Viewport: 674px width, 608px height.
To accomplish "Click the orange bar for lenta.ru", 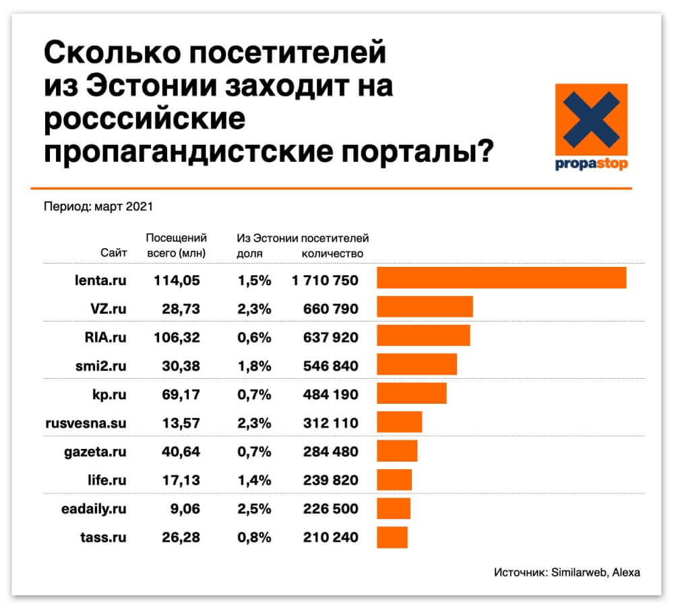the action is pyautogui.click(x=501, y=278).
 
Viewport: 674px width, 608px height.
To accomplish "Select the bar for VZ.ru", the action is pyautogui.click(x=425, y=307).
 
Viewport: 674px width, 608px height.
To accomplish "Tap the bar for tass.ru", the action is pyautogui.click(x=392, y=537).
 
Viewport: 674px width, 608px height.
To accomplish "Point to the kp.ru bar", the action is pyautogui.click(x=412, y=393).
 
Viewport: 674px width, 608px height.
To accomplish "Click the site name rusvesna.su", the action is pyautogui.click(x=86, y=423).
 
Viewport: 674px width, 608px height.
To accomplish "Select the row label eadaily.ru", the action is pyautogui.click(x=94, y=509).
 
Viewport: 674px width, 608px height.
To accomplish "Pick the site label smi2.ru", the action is pyautogui.click(x=100, y=366).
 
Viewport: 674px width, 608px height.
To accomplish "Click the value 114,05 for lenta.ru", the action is pyautogui.click(x=177, y=281).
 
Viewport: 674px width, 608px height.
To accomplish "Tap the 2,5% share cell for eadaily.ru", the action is pyautogui.click(x=254, y=509).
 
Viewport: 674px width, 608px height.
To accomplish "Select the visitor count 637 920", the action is pyautogui.click(x=330, y=338).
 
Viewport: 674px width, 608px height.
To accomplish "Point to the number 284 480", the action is pyautogui.click(x=330, y=452).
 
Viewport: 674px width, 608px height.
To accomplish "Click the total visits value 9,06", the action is pyautogui.click(x=185, y=509).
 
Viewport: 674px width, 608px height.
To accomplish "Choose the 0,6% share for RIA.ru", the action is pyautogui.click(x=254, y=338).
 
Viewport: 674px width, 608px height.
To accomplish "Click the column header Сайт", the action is pyautogui.click(x=113, y=252).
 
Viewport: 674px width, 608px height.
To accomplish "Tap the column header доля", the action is pyautogui.click(x=249, y=253).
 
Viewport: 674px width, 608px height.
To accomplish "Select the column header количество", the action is pyautogui.click(x=332, y=253).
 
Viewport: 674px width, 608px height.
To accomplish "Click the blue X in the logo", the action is pyautogui.click(x=591, y=119).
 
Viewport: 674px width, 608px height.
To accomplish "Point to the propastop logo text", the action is pyautogui.click(x=591, y=164).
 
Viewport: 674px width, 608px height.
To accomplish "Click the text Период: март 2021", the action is pyautogui.click(x=98, y=207).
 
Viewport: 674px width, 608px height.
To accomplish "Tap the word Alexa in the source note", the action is pyautogui.click(x=626, y=572).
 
